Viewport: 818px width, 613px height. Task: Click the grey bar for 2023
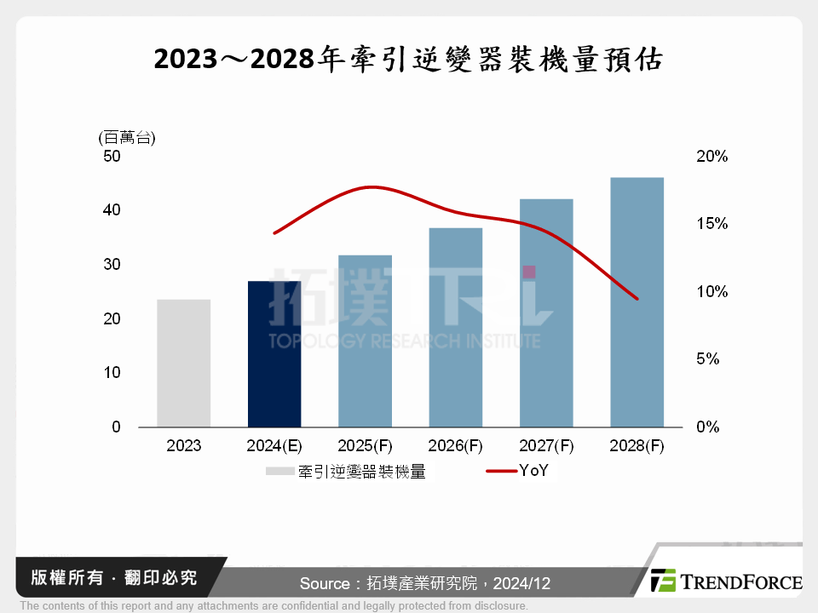(183, 364)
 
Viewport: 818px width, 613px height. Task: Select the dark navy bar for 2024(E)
(274, 354)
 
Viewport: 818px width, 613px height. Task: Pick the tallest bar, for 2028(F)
(637, 302)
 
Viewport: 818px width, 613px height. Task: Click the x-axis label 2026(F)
(455, 445)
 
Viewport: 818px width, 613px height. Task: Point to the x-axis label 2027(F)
(545, 445)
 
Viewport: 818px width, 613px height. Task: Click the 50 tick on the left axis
(112, 157)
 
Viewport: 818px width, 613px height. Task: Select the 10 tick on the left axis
(112, 373)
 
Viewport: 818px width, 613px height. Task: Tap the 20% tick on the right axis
(711, 157)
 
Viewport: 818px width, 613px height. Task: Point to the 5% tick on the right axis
(708, 359)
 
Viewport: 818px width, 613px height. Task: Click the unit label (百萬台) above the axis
(127, 137)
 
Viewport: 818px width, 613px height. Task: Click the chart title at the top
(408, 60)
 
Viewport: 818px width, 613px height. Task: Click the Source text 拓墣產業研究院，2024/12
(424, 584)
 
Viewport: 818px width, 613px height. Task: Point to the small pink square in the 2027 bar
(529, 272)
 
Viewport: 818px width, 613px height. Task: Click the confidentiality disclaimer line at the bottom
(274, 606)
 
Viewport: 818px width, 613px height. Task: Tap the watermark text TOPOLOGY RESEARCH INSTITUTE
(404, 341)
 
